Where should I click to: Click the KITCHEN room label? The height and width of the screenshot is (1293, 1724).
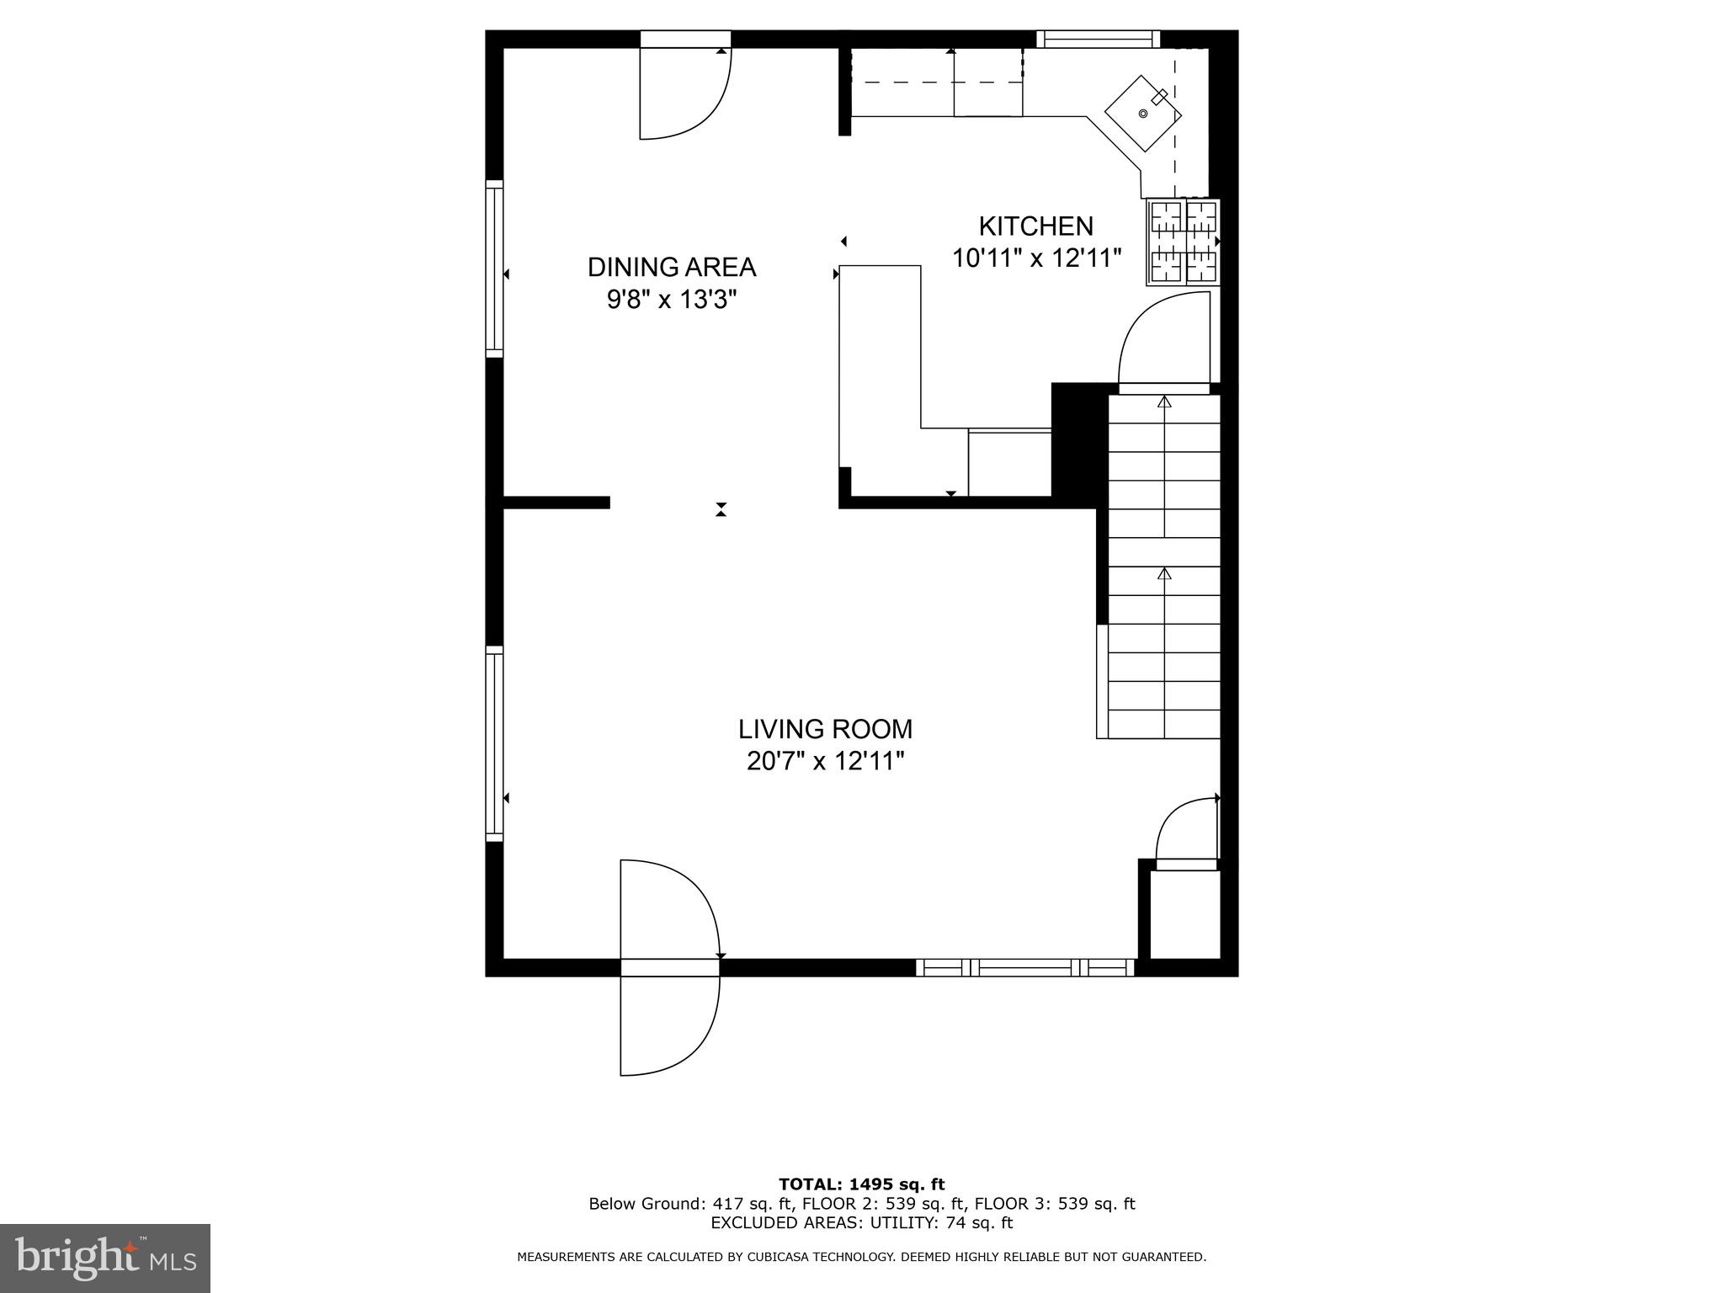[1035, 226]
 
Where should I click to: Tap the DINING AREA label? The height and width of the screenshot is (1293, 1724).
[671, 267]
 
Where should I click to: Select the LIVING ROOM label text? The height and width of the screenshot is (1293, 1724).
[825, 729]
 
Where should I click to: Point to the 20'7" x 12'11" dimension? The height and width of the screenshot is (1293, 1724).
[825, 762]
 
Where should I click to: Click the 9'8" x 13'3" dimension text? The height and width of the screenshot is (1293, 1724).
[671, 300]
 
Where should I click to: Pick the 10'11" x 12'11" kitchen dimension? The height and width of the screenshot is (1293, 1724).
[1036, 258]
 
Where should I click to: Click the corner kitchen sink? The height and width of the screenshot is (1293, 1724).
[1143, 113]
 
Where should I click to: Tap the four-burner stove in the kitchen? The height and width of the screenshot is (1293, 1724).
[1183, 242]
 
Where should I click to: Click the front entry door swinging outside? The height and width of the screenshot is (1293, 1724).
[669, 1023]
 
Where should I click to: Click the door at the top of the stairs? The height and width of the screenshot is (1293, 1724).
[1164, 341]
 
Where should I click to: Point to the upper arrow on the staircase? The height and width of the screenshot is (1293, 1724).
[1164, 402]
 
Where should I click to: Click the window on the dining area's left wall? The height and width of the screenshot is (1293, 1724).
[495, 269]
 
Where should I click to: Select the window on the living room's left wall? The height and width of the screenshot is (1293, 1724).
[495, 743]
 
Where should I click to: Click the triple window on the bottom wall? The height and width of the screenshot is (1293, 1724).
[1024, 967]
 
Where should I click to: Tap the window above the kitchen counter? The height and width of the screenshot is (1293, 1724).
[1098, 39]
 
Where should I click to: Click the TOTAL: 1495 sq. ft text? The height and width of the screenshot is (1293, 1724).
[861, 1185]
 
